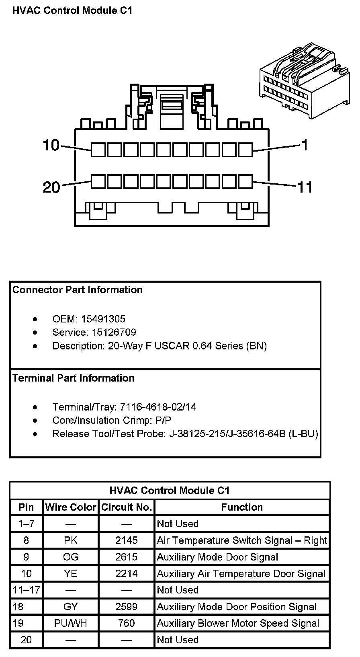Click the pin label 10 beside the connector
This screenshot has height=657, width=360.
(51, 145)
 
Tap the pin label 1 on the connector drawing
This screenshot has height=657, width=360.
(305, 145)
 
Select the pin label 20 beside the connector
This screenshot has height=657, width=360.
(51, 187)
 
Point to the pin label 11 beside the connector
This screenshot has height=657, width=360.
(305, 187)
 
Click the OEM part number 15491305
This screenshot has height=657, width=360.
(103, 319)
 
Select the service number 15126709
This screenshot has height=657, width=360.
(108, 333)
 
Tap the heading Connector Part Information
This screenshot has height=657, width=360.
(78, 290)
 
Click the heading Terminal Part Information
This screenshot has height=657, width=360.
(73, 378)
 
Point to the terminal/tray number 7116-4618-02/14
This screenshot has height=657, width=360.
(158, 407)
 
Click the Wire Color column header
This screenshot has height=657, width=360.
(71, 507)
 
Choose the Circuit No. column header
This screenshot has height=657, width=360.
(127, 507)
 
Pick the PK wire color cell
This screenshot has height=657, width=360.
(71, 540)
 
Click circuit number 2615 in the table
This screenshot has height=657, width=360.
(127, 557)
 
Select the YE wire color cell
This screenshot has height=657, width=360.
(71, 574)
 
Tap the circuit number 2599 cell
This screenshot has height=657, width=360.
(127, 607)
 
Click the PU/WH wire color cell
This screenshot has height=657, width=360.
(71, 623)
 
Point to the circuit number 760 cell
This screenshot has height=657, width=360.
(127, 623)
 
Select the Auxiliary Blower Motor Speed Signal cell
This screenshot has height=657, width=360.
(238, 623)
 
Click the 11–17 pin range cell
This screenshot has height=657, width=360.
(26, 590)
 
